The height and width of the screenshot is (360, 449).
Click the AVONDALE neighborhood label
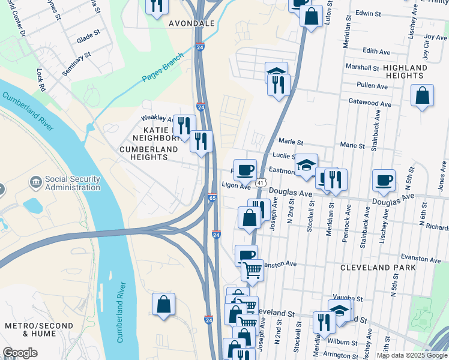pos(191,23)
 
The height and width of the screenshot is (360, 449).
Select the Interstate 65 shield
pos(212,197)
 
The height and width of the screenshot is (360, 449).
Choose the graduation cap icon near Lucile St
pos(306,164)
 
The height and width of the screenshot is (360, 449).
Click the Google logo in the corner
pos(20,353)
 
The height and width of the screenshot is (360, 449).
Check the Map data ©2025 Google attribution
pos(411,355)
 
